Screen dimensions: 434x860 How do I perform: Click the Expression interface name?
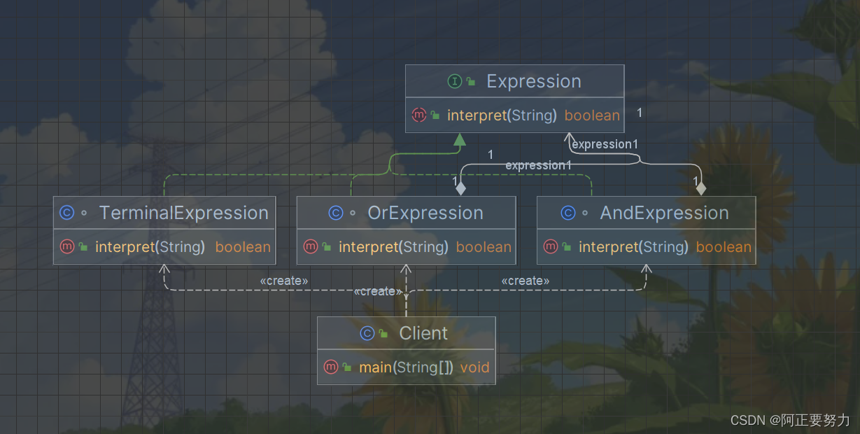(533, 82)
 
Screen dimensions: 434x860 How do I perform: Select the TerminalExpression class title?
(183, 213)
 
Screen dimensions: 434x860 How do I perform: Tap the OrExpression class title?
(425, 213)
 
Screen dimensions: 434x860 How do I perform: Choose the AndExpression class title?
(664, 213)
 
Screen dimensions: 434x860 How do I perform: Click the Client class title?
(423, 333)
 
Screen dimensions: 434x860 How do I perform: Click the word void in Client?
(474, 367)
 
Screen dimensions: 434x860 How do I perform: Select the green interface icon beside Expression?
(454, 82)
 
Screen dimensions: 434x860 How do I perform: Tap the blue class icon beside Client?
(367, 333)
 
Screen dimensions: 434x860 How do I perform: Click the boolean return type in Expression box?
(592, 115)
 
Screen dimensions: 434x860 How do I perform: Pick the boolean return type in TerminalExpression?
(243, 247)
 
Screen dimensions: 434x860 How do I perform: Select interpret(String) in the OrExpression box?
(393, 247)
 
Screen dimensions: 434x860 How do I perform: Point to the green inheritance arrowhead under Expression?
(459, 140)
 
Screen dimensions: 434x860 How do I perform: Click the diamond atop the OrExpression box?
(460, 188)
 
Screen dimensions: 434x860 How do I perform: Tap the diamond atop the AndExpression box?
(700, 188)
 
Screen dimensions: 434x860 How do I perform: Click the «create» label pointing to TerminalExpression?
(283, 281)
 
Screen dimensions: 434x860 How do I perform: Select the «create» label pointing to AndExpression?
(525, 281)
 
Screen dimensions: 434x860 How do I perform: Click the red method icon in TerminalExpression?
(67, 246)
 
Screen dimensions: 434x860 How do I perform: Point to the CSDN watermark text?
(790, 420)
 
